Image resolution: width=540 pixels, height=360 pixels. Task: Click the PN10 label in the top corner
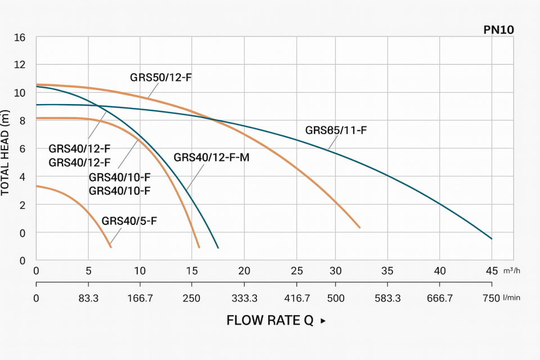tap(498, 30)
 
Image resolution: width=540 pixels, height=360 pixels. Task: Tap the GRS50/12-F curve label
tap(161, 77)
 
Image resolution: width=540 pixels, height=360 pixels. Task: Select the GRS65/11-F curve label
tap(336, 130)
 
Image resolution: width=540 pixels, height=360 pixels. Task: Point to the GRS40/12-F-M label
tap(211, 157)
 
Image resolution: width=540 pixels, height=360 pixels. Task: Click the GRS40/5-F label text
tap(129, 220)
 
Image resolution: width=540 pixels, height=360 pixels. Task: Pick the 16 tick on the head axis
tap(20, 38)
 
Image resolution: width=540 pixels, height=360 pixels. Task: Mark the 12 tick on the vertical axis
tap(20, 65)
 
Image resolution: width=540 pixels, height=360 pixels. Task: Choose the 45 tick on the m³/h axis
tap(492, 271)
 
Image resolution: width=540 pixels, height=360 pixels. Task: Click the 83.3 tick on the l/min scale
tap(88, 298)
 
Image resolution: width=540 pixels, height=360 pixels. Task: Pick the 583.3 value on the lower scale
tap(388, 298)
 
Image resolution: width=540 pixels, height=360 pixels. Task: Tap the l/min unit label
tap(511, 298)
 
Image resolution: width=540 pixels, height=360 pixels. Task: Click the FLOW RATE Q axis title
tap(269, 321)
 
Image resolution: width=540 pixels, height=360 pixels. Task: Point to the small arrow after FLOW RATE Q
tap(323, 321)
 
